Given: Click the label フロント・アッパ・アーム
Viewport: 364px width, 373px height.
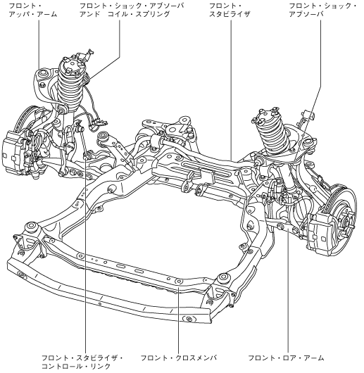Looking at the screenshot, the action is (33, 11).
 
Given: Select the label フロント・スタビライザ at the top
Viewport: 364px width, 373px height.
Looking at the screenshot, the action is (230, 11).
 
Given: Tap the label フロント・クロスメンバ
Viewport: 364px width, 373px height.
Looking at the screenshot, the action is (179, 358).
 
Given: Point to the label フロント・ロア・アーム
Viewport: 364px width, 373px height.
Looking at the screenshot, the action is (287, 358).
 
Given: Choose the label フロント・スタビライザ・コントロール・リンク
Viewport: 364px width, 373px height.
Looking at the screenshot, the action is (82, 362).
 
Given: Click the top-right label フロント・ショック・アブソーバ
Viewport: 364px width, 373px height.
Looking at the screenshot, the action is (322, 11).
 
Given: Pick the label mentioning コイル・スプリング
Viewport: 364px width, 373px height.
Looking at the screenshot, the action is (132, 11).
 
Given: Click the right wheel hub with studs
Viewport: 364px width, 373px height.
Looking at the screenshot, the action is (346, 220).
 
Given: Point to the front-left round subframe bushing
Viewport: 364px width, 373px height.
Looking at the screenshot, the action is (32, 226).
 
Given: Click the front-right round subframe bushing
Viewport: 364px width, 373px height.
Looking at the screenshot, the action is (223, 277).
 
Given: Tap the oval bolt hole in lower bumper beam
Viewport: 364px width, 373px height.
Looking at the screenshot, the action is (189, 319).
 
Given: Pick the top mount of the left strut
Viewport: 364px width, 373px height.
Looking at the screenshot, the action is (71, 65).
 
